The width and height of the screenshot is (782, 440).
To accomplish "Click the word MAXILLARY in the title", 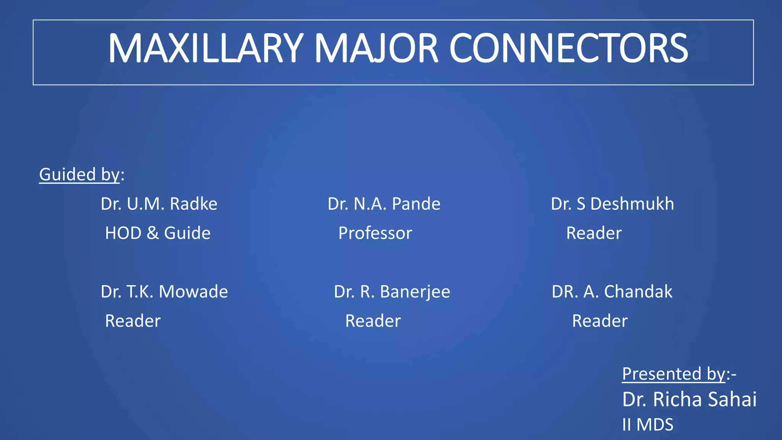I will pos(205,49).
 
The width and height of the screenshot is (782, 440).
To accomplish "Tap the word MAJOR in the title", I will pos(376,49).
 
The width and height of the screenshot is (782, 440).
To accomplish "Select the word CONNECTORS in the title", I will pos(569,49).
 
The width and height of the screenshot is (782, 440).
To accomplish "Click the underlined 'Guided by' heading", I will pos(79,175).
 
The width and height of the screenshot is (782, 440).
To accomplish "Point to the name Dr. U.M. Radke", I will pos(159,204).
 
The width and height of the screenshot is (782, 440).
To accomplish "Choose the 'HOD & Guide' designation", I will pos(158,233).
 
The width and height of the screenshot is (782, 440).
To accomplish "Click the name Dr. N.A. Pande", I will pos(384,204).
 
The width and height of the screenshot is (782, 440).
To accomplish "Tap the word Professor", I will pos(375,233).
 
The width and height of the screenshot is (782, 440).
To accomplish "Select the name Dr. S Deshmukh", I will pos(612,204).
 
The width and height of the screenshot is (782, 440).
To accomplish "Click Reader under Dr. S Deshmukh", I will pos(594,233).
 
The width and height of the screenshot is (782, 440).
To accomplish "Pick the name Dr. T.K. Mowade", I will pos(164,292).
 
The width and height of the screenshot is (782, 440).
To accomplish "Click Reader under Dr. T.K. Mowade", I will pos(132,321).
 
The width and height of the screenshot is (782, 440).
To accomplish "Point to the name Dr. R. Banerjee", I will pos(392,292).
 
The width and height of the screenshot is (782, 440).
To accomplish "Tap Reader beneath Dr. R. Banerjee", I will pos(373,321).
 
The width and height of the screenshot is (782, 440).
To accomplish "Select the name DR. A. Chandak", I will pos(612,292).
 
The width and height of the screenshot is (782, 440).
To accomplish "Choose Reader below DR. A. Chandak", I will pos(599,321).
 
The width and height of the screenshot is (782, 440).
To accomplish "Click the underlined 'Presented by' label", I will pos(674,374).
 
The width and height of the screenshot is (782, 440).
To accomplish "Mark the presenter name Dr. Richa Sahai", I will pos(689,400).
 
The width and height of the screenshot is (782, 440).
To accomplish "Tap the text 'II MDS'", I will pos(648,425).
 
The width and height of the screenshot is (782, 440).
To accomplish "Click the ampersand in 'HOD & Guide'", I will pos(153,233).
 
